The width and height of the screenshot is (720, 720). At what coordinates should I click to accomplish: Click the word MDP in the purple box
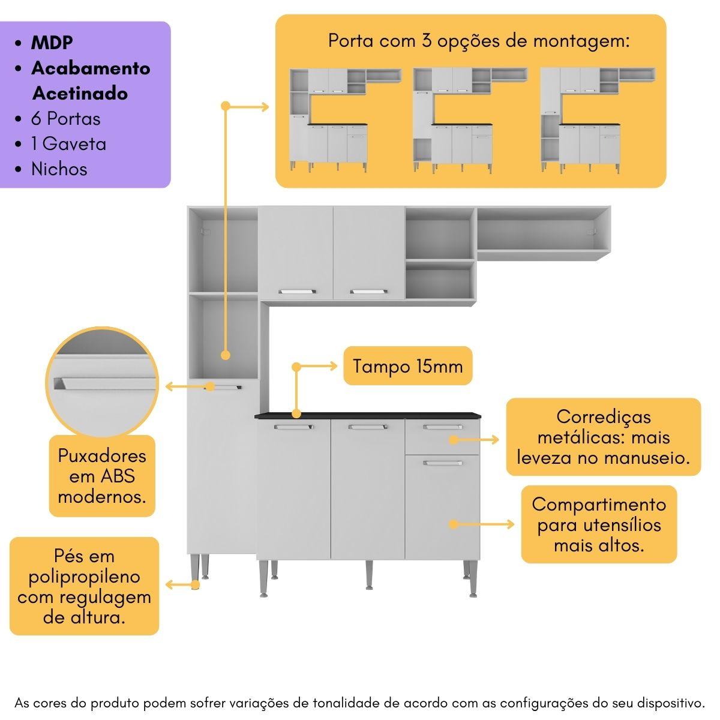tap(52, 43)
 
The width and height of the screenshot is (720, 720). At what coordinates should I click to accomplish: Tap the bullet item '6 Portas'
tap(65, 118)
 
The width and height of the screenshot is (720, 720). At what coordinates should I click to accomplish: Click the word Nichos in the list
tap(59, 169)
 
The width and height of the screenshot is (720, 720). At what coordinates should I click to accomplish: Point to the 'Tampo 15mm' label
tap(408, 365)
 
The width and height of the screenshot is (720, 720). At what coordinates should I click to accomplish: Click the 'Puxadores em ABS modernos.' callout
tap(102, 476)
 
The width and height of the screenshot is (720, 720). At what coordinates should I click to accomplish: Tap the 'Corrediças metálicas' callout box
tap(603, 437)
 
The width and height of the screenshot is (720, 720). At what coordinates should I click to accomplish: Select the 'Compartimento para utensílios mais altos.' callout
tap(599, 524)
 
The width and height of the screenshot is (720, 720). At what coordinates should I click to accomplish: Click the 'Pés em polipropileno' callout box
tap(85, 586)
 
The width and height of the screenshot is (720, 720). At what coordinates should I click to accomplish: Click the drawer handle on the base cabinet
tap(443, 427)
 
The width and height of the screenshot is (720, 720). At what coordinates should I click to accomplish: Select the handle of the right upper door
tap(369, 292)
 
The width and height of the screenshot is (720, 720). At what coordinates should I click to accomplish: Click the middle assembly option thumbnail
tap(470, 121)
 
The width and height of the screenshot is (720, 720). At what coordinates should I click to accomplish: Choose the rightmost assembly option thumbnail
tap(597, 121)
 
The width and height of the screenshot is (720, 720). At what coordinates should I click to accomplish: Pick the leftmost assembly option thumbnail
tap(345, 121)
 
